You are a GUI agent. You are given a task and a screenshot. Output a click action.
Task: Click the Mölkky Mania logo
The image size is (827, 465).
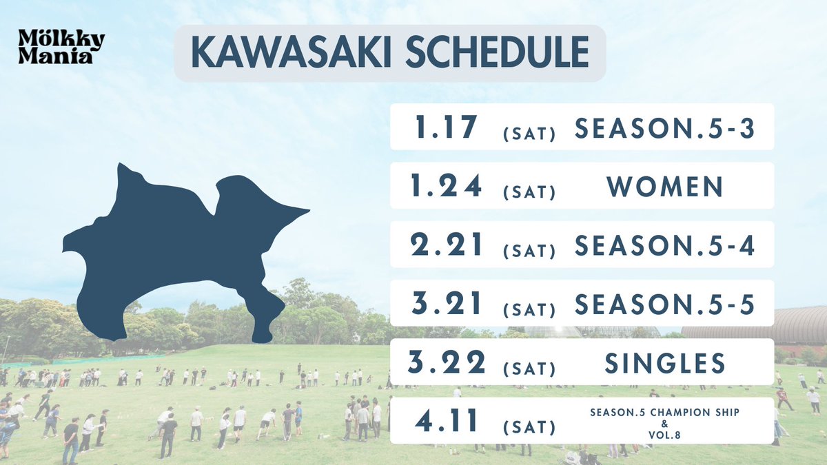pos(61,48)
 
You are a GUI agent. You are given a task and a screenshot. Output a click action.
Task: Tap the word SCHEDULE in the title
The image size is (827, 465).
pos(497,54)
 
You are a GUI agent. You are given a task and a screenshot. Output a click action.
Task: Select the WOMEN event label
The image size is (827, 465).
pos(665,186)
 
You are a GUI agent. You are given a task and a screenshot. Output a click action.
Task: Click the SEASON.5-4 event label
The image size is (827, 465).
pos(665,245)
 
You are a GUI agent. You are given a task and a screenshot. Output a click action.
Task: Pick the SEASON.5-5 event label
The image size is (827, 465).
pos(665,304)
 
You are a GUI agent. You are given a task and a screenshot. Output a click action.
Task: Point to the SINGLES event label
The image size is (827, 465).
pos(665,363)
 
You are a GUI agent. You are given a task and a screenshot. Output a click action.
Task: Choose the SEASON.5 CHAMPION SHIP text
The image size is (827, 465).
pos(665,411)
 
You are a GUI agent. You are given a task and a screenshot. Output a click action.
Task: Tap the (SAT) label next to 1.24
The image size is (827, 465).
pos(529,191)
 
